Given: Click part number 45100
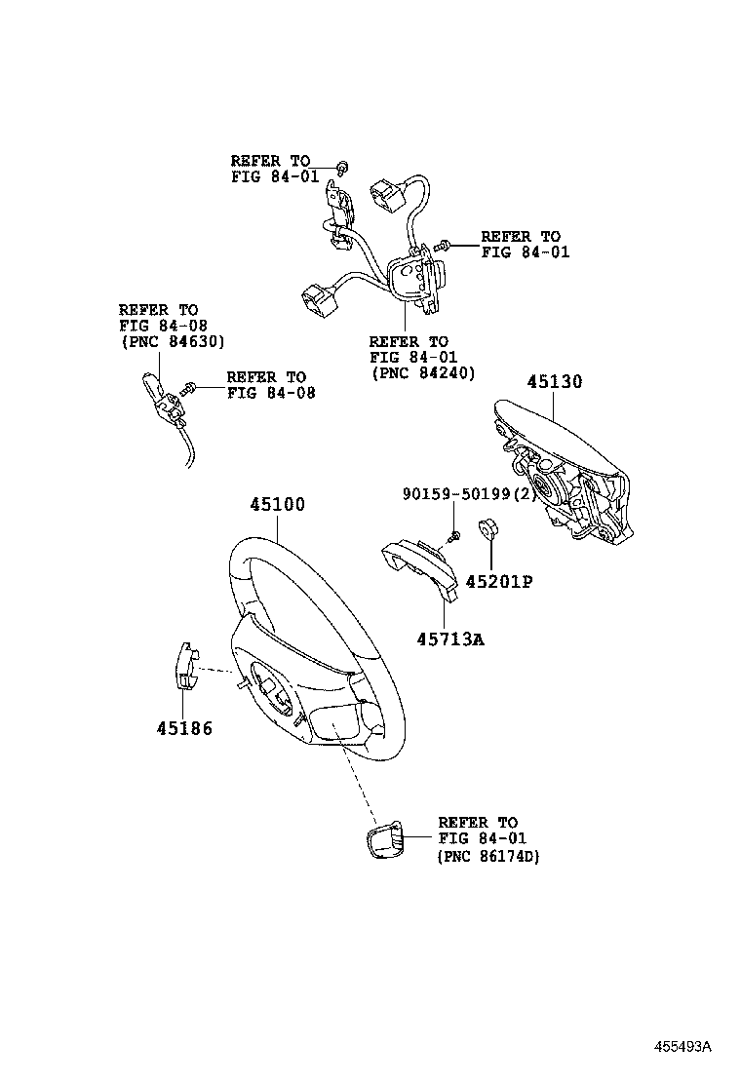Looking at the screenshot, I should (277, 505).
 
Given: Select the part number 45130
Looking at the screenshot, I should (555, 381).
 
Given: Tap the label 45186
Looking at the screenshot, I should (183, 727).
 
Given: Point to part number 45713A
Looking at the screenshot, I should (450, 639).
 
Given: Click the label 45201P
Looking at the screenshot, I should (498, 582).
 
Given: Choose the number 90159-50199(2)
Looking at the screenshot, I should (470, 494).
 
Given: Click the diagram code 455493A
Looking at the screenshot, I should (682, 1047).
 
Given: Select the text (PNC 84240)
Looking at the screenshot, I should (423, 373).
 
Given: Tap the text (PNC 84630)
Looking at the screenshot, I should (173, 342).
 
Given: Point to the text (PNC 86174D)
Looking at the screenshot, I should (488, 856).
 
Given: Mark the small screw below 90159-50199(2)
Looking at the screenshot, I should (453, 537).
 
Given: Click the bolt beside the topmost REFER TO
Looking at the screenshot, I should (341, 166).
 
